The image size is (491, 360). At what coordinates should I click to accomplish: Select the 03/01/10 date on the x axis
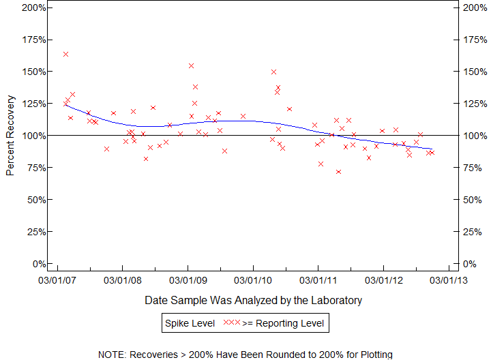pyautogui.click(x=253, y=280)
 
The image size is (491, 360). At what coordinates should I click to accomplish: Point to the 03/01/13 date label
pyautogui.click(x=448, y=280)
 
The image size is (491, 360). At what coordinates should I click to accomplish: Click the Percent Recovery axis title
pyautogui.click(x=10, y=136)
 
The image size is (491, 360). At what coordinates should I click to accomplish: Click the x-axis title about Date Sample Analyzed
pyautogui.click(x=253, y=300)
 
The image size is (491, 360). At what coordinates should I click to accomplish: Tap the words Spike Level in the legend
pyautogui.click(x=189, y=322)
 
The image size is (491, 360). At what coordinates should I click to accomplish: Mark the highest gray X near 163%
pyautogui.click(x=66, y=54)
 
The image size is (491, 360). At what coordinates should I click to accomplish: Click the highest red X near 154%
pyautogui.click(x=192, y=66)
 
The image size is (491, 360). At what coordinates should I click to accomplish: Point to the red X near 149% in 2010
pyautogui.click(x=273, y=72)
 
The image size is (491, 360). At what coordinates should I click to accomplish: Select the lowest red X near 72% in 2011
pyautogui.click(x=338, y=172)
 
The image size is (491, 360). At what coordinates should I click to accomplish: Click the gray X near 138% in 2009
pyautogui.click(x=195, y=87)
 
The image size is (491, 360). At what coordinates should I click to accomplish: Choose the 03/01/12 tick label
pyautogui.click(x=383, y=280)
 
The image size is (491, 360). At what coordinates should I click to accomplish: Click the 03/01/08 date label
pyautogui.click(x=123, y=280)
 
